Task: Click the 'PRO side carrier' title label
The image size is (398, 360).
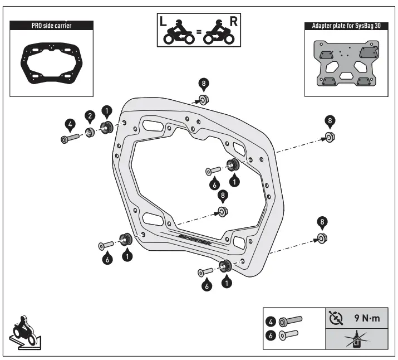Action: [x=50, y=26]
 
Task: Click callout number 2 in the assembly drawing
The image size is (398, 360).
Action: [x=90, y=115]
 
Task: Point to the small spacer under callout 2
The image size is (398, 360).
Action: [x=90, y=132]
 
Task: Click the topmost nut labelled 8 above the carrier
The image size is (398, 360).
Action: [x=203, y=100]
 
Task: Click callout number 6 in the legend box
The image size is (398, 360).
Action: [x=271, y=335]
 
